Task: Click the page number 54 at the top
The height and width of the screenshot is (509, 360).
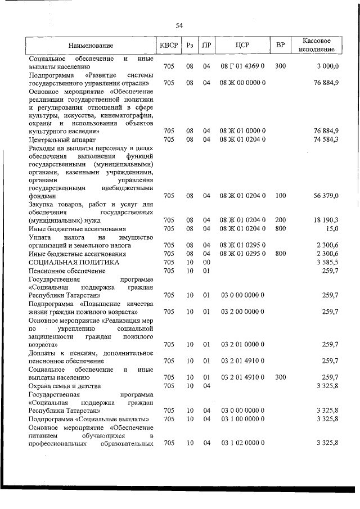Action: (x=179, y=25)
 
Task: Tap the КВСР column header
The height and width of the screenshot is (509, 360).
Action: (x=168, y=45)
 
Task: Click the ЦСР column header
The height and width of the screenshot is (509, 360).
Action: (x=243, y=45)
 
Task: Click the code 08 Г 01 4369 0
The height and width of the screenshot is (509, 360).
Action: (x=243, y=66)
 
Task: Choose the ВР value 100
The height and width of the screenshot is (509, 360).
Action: (x=280, y=196)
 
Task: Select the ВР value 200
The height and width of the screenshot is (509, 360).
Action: (x=280, y=220)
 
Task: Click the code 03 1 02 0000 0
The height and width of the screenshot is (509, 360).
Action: (x=243, y=444)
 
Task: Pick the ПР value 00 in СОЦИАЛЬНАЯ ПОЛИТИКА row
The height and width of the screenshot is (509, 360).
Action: (x=206, y=262)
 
